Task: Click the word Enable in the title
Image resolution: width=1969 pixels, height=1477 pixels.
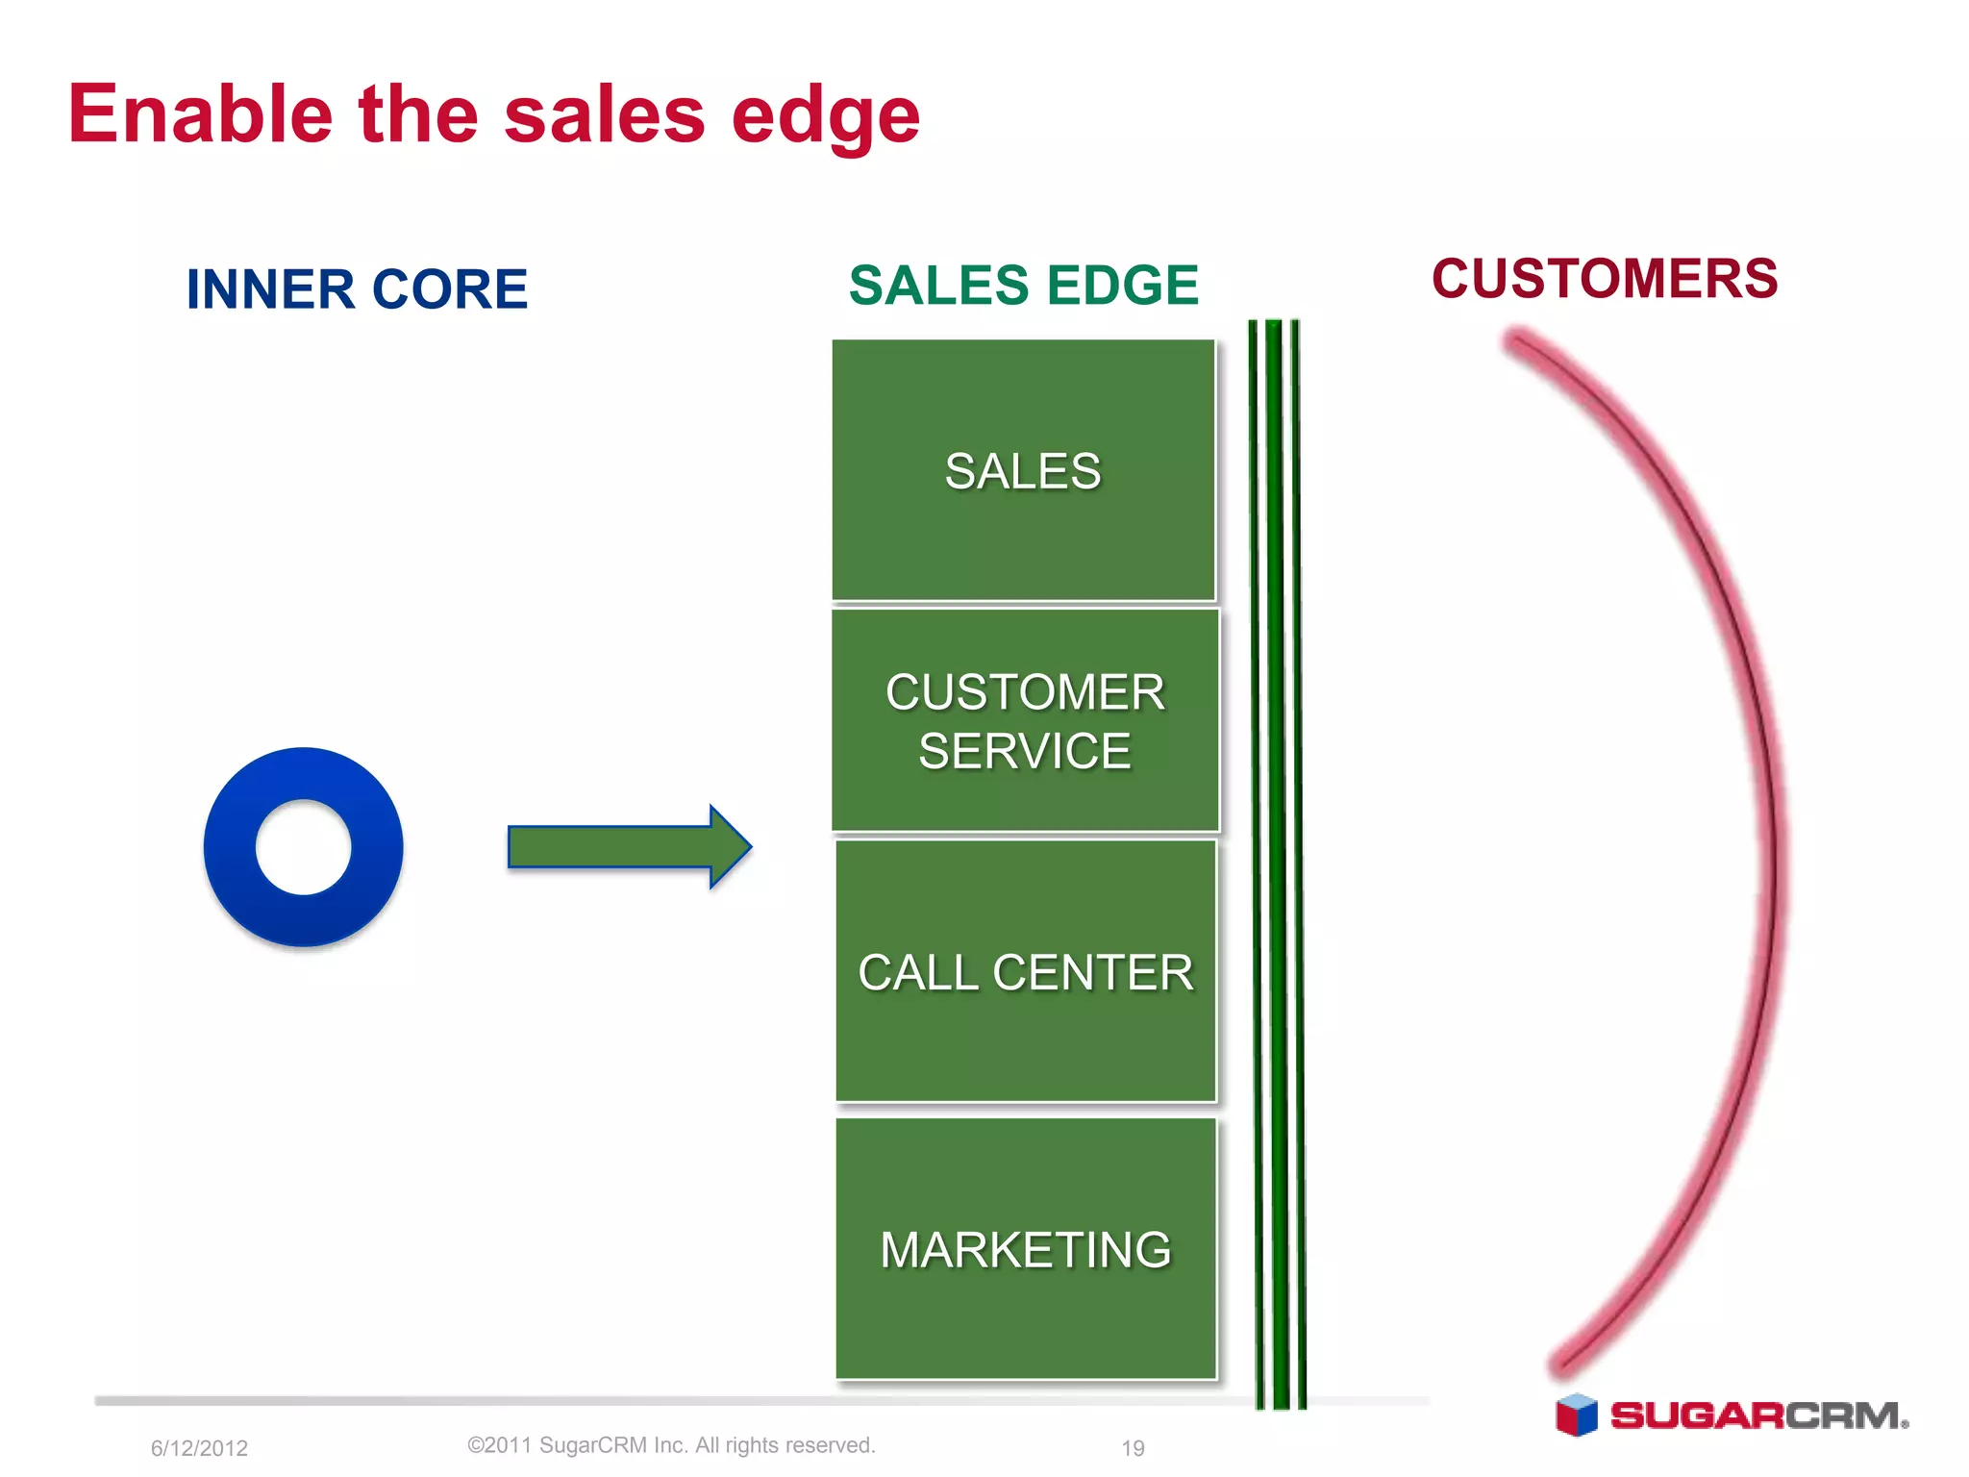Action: [200, 114]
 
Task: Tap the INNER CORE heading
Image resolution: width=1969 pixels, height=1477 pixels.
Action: [357, 289]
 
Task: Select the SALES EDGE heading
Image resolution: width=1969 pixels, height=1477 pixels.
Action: [1023, 286]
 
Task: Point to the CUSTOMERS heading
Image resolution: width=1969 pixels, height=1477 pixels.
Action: [1605, 279]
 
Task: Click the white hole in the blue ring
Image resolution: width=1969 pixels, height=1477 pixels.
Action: [304, 847]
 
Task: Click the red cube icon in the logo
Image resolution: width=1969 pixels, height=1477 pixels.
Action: [1576, 1414]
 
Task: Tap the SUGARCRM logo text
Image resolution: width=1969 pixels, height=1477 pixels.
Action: [1757, 1416]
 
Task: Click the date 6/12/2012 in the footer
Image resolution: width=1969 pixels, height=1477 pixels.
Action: [199, 1448]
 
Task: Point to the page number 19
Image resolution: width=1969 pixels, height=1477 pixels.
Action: [1133, 1448]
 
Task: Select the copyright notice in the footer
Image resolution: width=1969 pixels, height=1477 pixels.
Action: [671, 1445]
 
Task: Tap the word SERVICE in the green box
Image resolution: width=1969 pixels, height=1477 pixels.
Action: [1024, 751]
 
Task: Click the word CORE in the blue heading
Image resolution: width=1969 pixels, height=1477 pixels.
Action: [449, 289]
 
